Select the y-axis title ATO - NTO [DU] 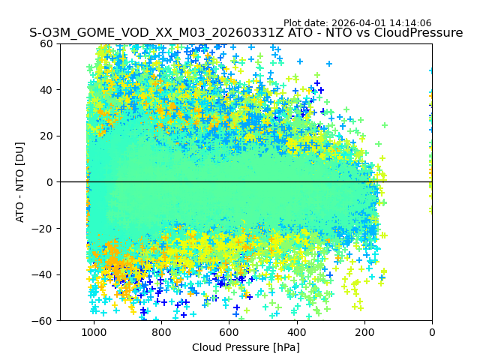coord(21,182)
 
